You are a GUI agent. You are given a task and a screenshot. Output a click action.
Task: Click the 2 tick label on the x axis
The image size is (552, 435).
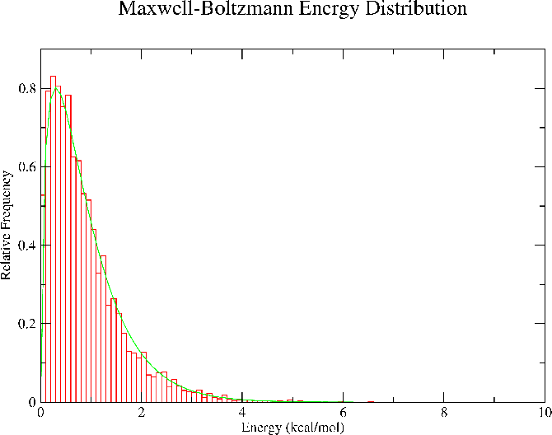[x=142, y=414]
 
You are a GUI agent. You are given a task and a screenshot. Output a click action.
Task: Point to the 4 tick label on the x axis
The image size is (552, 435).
[x=242, y=414]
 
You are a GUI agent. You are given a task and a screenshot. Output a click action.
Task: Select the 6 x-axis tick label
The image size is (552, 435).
[x=343, y=414]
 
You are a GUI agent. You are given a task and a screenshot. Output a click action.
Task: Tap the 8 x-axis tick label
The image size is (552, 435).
[x=444, y=414]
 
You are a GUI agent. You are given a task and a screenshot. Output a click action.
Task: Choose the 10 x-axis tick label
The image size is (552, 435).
[x=542, y=414]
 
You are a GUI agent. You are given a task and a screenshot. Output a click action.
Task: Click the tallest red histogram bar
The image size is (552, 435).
[x=53, y=239]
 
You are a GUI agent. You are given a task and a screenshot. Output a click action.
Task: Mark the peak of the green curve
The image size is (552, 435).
[x=56, y=87]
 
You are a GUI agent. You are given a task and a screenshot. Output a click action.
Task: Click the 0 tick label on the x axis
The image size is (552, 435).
[x=41, y=414]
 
